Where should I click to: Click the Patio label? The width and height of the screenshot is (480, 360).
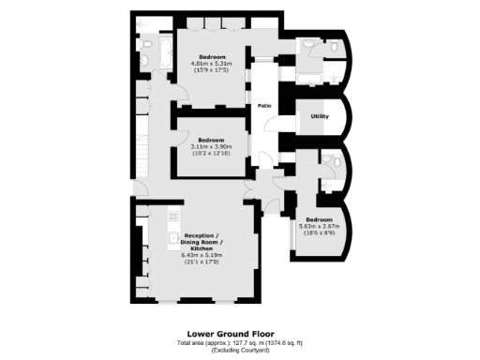click(x=265, y=105)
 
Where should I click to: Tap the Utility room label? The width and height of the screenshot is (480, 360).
click(x=319, y=116)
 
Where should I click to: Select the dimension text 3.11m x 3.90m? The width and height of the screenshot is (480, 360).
click(x=212, y=147)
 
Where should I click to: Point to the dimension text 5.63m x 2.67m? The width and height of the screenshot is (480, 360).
click(x=319, y=226)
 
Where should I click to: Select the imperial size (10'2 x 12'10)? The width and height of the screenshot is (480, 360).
click(x=212, y=154)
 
